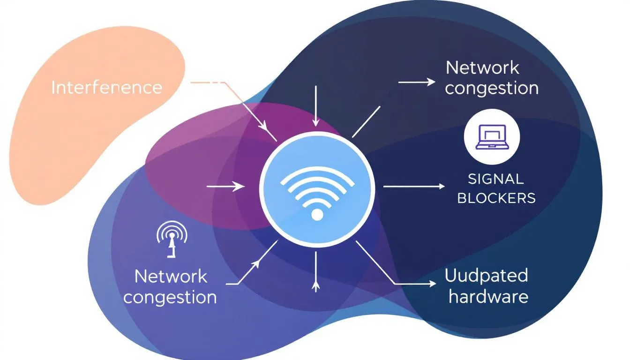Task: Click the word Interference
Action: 106,88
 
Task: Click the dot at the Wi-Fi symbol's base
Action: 317,215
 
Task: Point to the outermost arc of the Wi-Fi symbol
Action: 317,172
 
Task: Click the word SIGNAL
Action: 495,179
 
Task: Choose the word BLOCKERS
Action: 496,198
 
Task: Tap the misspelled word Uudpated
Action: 486,276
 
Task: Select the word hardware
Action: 488,296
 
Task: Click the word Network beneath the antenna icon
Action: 171,277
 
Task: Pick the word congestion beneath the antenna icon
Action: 170,297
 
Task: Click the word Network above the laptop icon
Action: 482,68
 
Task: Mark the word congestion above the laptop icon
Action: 491,88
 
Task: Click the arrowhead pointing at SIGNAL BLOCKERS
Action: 441,187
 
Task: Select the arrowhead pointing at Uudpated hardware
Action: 432,284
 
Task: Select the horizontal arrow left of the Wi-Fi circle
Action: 225,187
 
